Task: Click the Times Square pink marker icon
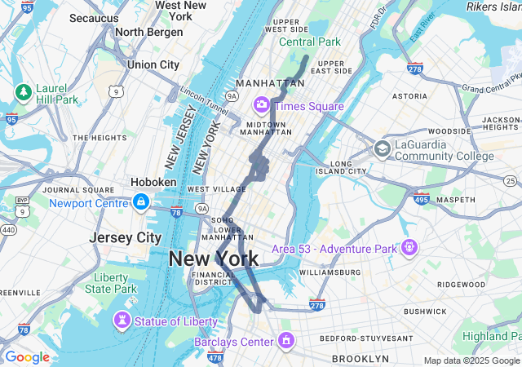coord(262,104)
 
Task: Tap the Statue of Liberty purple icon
coord(122,321)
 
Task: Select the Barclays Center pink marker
coord(285,340)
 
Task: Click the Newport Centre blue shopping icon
coord(141,201)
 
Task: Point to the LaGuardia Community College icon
coord(382,148)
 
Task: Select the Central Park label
coord(310,42)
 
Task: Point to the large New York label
coord(213,259)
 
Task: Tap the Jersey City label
coord(126,237)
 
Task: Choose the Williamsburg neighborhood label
coord(330,272)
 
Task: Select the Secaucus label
coord(94,17)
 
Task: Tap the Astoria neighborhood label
coord(409,95)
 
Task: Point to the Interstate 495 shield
coord(422,197)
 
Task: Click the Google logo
coord(27,357)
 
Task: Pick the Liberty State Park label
coord(111,283)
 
